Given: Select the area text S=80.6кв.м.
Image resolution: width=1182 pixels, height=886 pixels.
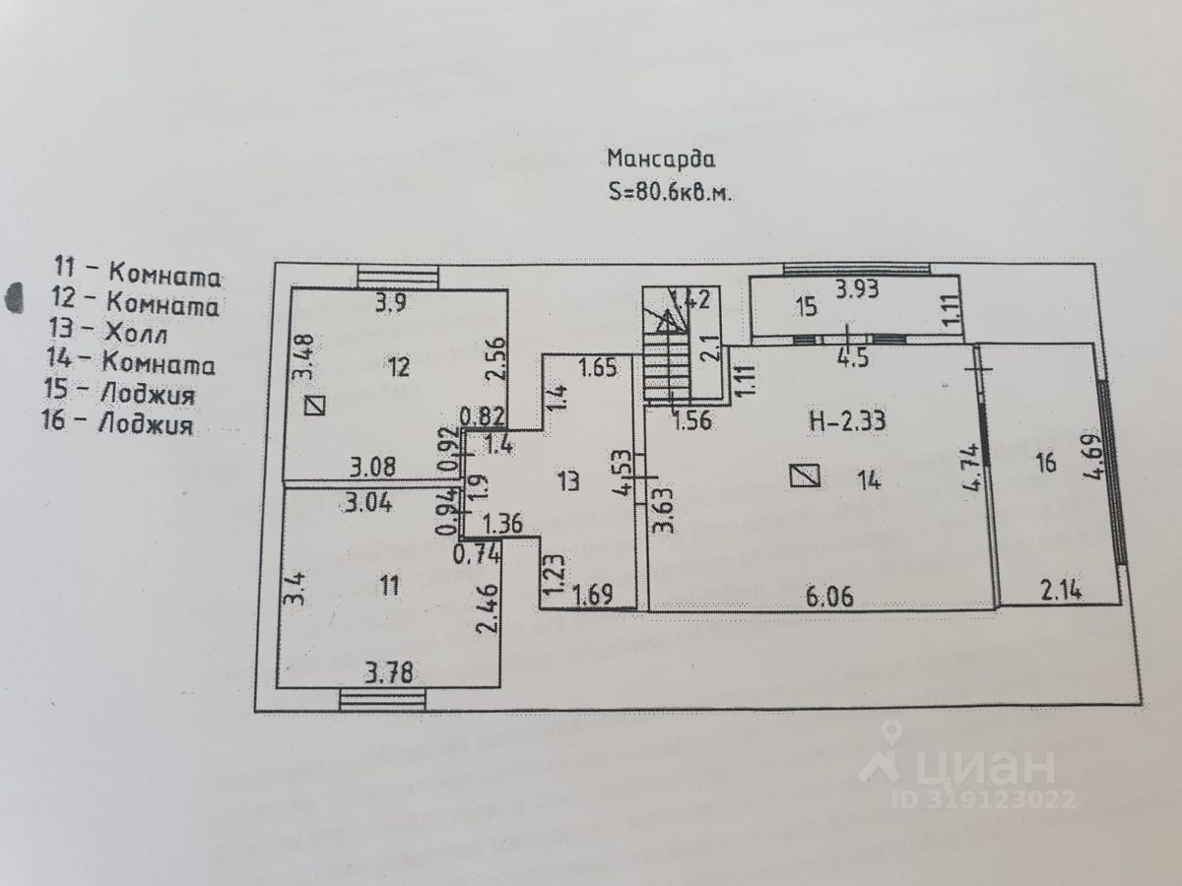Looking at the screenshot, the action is click(x=671, y=193).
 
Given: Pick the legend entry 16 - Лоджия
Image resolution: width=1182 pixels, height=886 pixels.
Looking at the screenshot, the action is click(x=118, y=425).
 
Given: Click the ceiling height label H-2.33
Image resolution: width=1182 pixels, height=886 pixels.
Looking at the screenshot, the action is click(x=847, y=421).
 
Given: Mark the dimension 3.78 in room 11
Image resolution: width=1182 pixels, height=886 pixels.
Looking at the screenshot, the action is click(x=388, y=673).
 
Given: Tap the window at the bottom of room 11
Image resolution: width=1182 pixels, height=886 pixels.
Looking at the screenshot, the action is click(x=383, y=700).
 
